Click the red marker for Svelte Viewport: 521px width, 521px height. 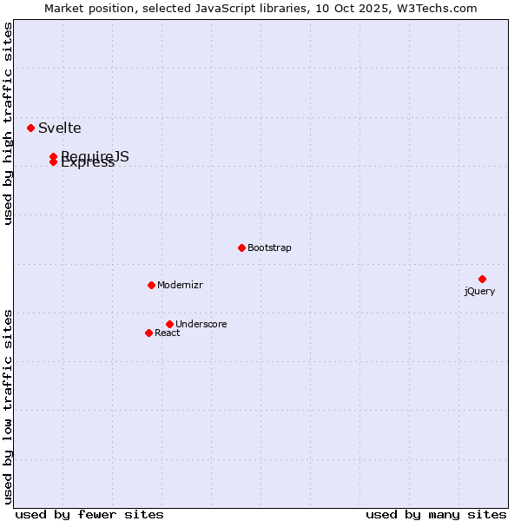[x=30, y=128]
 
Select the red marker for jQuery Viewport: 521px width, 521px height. [x=482, y=279]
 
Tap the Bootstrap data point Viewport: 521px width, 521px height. [x=241, y=247]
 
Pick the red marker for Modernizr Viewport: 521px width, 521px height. [x=151, y=285]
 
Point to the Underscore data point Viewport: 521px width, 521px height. [x=169, y=324]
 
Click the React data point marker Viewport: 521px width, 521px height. [x=148, y=333]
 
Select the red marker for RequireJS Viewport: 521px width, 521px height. [x=53, y=156]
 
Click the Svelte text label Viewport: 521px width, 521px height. [x=60, y=128]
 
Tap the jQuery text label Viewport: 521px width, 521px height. [x=479, y=291]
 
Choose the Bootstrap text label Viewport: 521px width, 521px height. [x=269, y=247]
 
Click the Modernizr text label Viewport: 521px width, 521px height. [x=180, y=285]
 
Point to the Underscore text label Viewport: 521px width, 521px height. [x=201, y=324]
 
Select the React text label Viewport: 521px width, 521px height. [x=168, y=333]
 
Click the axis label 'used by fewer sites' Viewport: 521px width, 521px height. [x=89, y=514]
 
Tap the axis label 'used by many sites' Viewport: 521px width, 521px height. [x=436, y=514]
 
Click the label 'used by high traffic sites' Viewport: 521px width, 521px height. [x=8, y=124]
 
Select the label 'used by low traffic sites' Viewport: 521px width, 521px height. [x=8, y=406]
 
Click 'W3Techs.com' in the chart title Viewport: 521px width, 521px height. [x=439, y=9]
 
